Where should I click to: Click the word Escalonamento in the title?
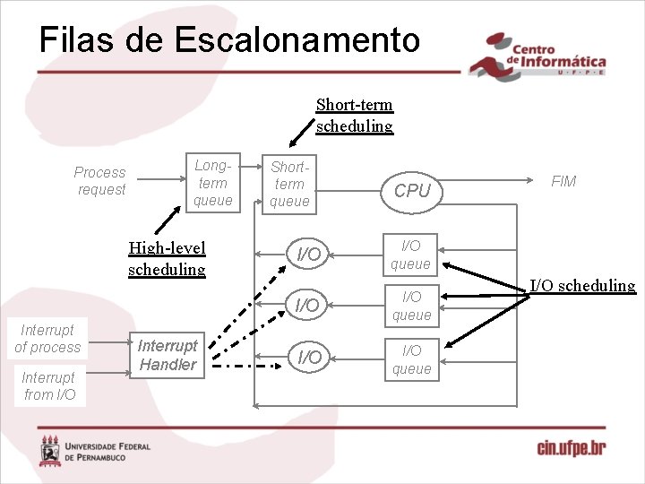297,40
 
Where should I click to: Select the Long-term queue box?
212,183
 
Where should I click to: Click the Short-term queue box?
289,184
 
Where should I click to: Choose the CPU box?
412,190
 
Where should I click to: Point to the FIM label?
563,181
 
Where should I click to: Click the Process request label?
100,180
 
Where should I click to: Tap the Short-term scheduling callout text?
354,115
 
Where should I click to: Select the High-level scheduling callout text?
167,258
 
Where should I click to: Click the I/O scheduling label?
582,286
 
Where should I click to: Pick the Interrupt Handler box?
168,355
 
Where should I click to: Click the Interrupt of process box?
47,338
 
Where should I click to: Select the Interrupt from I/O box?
49,385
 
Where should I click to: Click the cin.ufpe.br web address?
571,446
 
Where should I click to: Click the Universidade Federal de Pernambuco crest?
50,451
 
